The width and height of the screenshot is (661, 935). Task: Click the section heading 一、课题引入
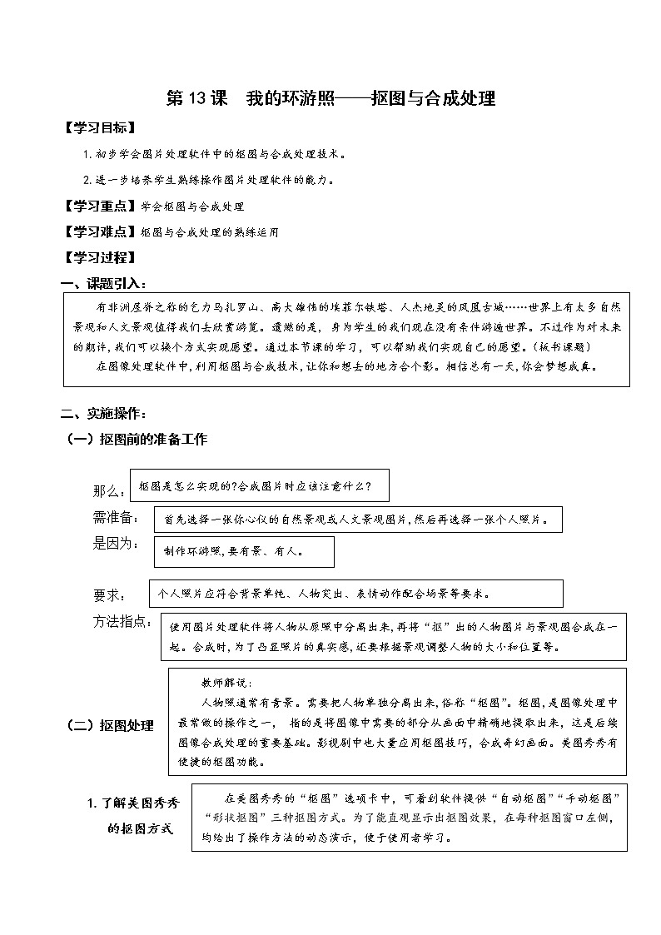(x=107, y=282)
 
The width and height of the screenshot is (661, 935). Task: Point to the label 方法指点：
(x=121, y=621)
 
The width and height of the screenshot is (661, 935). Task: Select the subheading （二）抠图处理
(x=110, y=725)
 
